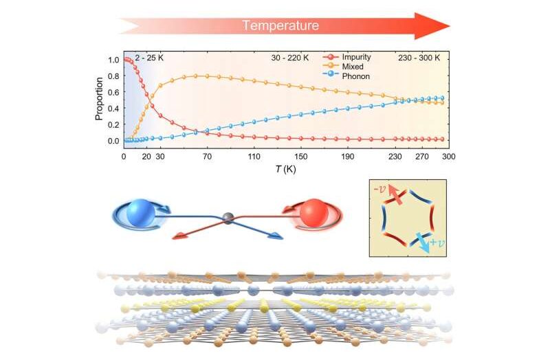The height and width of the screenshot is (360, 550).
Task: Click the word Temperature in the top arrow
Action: click(x=280, y=26)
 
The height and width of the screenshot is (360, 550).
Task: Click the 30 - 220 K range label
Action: click(x=289, y=59)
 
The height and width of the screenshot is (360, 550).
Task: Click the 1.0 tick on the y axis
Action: click(x=114, y=60)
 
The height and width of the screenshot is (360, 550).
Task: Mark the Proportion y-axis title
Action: click(x=99, y=100)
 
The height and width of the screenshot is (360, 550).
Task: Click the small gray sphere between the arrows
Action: click(x=229, y=219)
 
